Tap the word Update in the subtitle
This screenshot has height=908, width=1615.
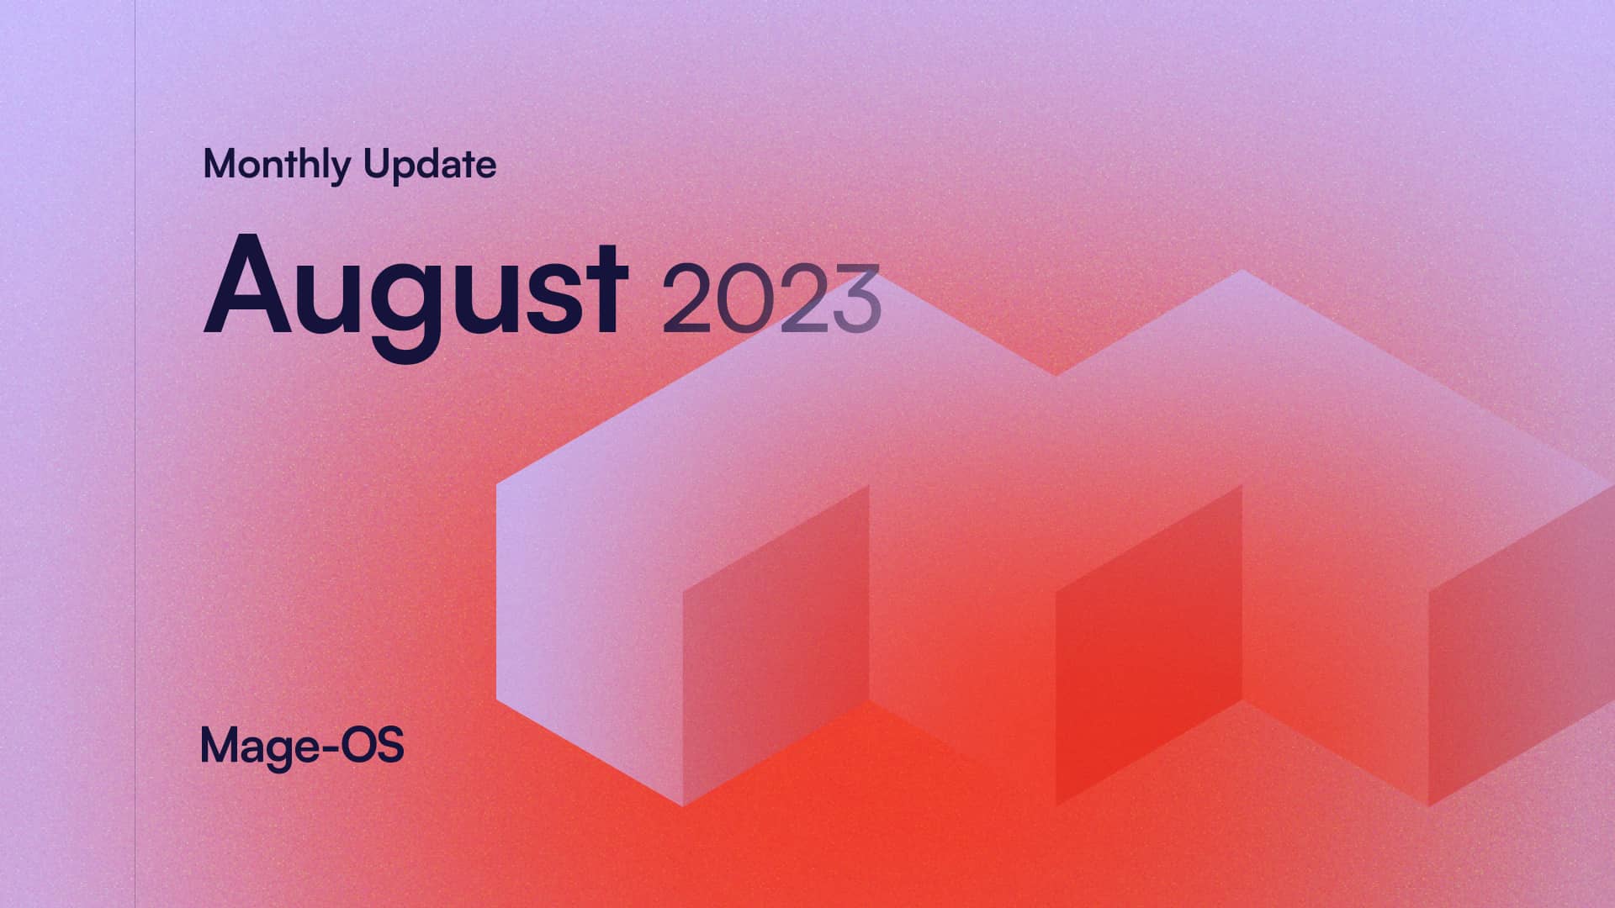[430, 165]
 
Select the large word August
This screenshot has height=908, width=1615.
[415, 290]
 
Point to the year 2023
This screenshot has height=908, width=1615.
[770, 298]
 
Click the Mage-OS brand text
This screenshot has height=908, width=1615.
[302, 746]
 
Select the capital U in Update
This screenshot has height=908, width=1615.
[375, 164]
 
